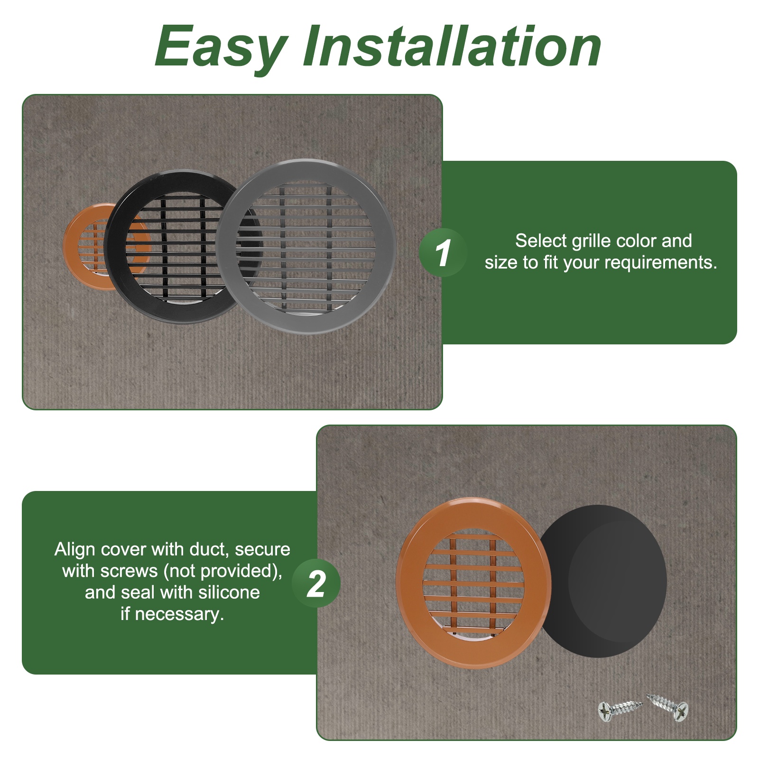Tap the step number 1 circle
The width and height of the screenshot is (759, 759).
[443, 252]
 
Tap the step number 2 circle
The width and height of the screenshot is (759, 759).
[316, 583]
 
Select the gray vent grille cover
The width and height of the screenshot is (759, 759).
[306, 246]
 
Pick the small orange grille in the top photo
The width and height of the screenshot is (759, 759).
[83, 247]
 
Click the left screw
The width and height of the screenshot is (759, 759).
[620, 710]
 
